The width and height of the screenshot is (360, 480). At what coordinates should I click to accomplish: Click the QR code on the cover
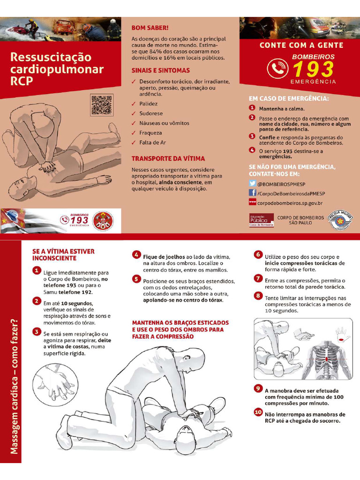click(102, 105)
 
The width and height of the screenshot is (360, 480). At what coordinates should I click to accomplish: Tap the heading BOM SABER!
click(150, 28)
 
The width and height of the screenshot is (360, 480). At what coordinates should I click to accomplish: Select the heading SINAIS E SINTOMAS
click(160, 70)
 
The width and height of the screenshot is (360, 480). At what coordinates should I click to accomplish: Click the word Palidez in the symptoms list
click(148, 104)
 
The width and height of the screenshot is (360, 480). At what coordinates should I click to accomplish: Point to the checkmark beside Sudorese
click(134, 113)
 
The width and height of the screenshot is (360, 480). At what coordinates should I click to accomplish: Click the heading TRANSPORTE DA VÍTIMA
click(168, 158)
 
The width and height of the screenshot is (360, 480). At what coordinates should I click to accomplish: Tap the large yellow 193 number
click(313, 69)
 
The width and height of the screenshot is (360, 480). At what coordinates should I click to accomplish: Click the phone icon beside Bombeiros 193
click(277, 68)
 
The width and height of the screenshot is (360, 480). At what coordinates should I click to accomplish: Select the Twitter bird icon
click(252, 184)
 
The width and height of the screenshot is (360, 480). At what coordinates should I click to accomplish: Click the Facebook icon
click(252, 193)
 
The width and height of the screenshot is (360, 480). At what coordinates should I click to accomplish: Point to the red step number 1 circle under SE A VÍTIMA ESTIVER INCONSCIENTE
click(37, 270)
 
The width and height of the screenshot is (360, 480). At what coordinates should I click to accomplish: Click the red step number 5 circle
click(136, 279)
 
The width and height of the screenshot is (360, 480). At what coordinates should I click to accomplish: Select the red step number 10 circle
click(258, 412)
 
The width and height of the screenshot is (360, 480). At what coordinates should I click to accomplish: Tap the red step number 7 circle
click(258, 278)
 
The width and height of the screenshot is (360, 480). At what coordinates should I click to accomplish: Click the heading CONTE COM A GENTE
click(301, 45)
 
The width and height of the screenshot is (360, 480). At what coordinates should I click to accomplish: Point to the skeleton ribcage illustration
click(325, 359)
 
